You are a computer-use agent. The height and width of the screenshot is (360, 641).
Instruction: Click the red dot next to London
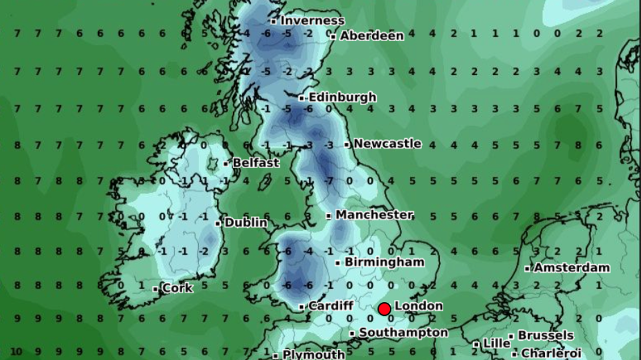click(384, 308)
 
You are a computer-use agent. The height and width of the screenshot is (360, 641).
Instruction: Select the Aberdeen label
click(372, 36)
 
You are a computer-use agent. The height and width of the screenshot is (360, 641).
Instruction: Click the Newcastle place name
click(387, 144)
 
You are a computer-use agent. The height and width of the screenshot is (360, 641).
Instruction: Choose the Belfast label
click(256, 163)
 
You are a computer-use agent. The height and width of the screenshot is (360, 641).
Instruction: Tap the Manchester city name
click(374, 215)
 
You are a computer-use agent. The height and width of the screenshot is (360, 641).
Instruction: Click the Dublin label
click(246, 222)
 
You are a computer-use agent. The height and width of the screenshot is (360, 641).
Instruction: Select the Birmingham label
click(384, 262)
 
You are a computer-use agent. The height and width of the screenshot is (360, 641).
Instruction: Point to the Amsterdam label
click(571, 268)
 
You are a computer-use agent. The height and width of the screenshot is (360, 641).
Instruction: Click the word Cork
click(178, 288)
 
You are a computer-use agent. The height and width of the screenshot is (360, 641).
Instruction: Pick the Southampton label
click(403, 333)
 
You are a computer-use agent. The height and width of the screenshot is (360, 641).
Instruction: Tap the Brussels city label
click(545, 335)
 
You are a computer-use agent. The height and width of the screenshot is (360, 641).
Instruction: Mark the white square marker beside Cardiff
click(302, 306)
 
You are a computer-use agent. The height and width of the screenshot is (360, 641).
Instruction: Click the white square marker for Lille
click(476, 344)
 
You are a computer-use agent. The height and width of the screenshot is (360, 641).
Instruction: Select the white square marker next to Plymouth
click(276, 355)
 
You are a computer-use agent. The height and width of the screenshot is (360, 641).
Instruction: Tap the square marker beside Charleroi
click(514, 354)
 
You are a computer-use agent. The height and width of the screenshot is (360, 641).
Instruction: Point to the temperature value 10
click(16, 352)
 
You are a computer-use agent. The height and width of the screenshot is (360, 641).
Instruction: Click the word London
click(419, 306)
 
